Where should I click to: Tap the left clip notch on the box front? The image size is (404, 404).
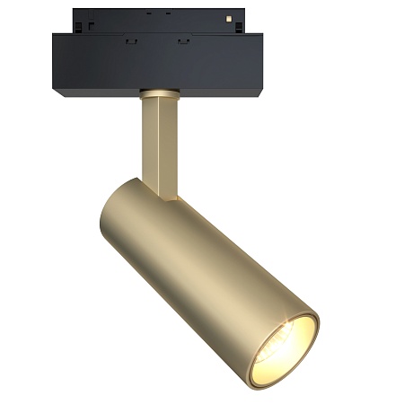131,40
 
